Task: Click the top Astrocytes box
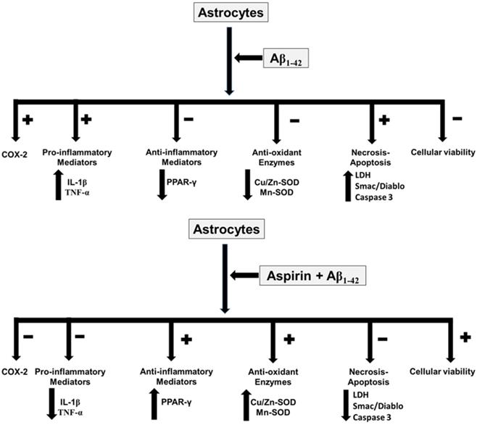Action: pyautogui.click(x=228, y=14)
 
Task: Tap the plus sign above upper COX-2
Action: pyautogui.click(x=28, y=120)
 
